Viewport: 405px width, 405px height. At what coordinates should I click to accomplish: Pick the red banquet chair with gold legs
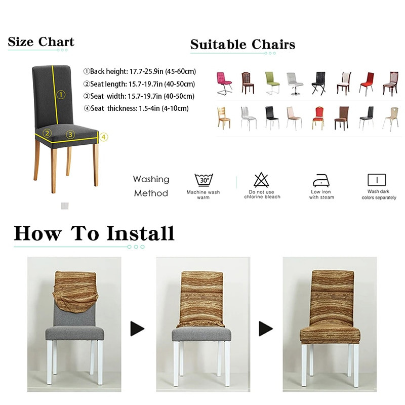pyautogui.click(x=318, y=117)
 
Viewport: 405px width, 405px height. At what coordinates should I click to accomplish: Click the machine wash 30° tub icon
pyautogui.click(x=204, y=180)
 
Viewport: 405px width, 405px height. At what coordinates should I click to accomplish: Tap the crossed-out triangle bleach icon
pyautogui.click(x=261, y=180)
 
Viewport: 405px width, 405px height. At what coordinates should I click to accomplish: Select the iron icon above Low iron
pyautogui.click(x=321, y=180)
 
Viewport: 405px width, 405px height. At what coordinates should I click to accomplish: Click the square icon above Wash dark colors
pyautogui.click(x=376, y=180)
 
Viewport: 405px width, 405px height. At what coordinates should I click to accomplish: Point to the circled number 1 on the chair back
pyautogui.click(x=61, y=94)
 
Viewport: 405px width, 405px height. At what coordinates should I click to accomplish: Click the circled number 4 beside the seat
pyautogui.click(x=103, y=137)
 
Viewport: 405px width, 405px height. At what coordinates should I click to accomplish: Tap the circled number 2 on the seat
pyautogui.click(x=47, y=134)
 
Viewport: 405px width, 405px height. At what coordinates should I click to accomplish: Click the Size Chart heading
pyautogui.click(x=41, y=42)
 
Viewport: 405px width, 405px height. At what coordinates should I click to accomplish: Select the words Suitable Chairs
pyautogui.click(x=242, y=45)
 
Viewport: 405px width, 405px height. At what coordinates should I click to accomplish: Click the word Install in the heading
pyautogui.click(x=140, y=233)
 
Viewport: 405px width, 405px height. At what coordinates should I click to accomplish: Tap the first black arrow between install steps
pyautogui.click(x=137, y=329)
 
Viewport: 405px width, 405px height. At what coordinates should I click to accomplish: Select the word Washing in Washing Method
pyautogui.click(x=151, y=179)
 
